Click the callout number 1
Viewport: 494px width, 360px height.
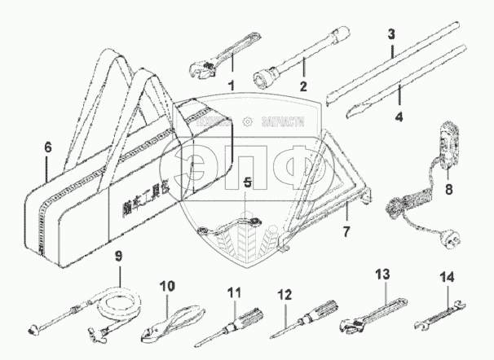click(x=231, y=85)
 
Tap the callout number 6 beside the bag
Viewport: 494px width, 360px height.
click(x=47, y=147)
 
